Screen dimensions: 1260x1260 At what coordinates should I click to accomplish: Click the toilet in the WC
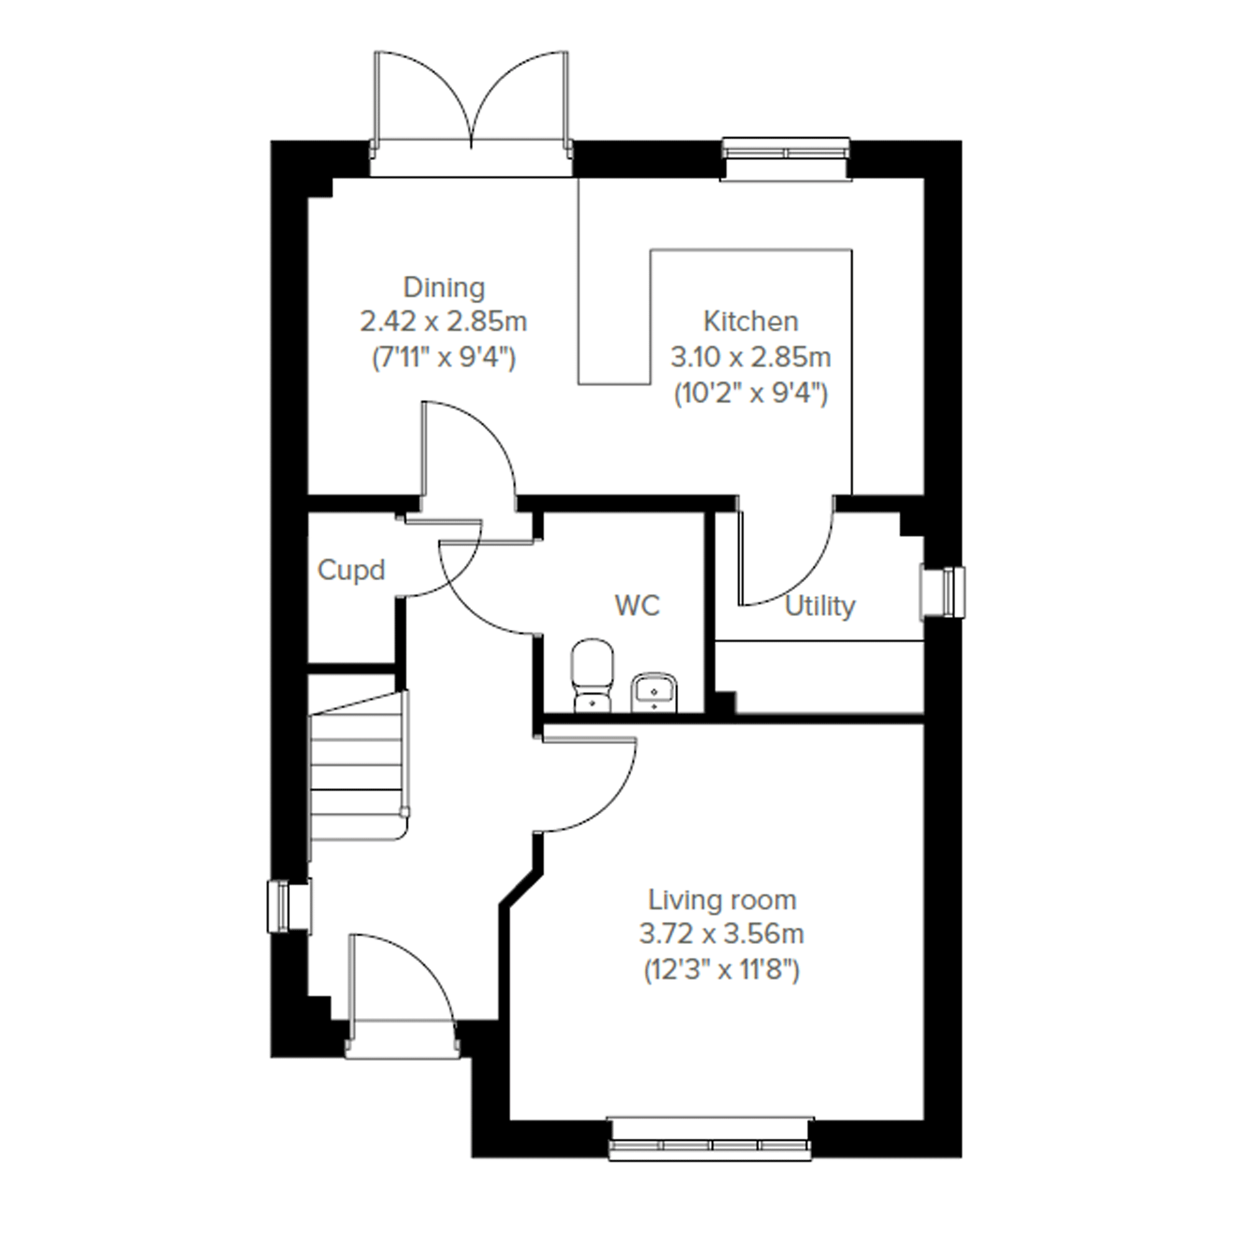pyautogui.click(x=592, y=675)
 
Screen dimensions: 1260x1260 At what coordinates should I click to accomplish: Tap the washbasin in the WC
pyautogui.click(x=654, y=692)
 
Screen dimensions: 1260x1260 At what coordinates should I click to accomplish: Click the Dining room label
pyautogui.click(x=444, y=287)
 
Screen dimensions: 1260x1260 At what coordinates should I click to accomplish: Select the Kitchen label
pyautogui.click(x=750, y=322)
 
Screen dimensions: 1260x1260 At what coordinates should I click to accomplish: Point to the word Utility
pyautogui.click(x=820, y=607)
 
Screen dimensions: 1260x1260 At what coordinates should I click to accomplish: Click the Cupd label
pyautogui.click(x=351, y=571)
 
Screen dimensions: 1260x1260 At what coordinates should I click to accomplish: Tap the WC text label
pyautogui.click(x=637, y=606)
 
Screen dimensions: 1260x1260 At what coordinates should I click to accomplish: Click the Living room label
pyautogui.click(x=722, y=900)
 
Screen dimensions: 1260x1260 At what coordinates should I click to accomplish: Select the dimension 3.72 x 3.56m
pyautogui.click(x=721, y=935)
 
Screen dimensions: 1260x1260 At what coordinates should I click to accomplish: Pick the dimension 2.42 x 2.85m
pyautogui.click(x=444, y=322)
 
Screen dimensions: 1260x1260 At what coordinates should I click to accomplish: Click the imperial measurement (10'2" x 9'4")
pyautogui.click(x=750, y=394)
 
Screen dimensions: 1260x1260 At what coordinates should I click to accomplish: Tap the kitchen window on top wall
pyautogui.click(x=786, y=159)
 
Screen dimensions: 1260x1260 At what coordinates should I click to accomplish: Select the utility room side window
pyautogui.click(x=943, y=592)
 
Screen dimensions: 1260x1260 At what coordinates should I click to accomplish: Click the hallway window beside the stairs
pyautogui.click(x=289, y=906)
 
